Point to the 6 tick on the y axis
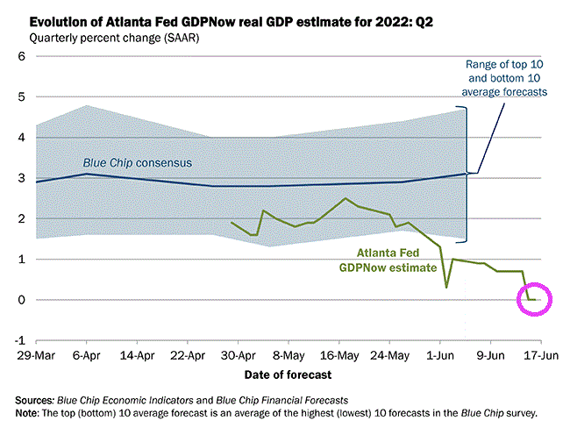click(x=18, y=57)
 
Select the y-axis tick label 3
click(x=18, y=178)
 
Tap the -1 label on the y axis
click(x=17, y=340)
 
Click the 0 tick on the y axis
click(x=18, y=300)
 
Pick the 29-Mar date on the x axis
click(x=32, y=357)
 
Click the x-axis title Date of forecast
click(x=288, y=374)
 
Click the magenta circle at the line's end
click(x=534, y=300)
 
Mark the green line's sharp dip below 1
click(x=446, y=287)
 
